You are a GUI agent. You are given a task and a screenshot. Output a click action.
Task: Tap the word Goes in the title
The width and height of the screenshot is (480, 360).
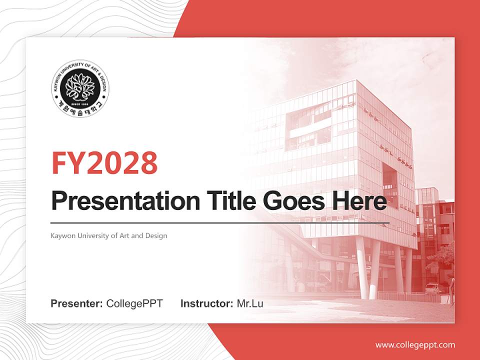[288, 201]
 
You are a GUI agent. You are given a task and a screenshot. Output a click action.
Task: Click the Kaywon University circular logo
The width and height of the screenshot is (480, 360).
[80, 90]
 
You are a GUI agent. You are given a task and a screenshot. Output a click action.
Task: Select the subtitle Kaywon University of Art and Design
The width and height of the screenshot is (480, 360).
[108, 235]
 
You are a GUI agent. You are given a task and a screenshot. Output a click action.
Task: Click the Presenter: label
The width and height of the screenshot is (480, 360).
[77, 303]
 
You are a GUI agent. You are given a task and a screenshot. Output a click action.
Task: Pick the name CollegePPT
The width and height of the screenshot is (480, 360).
[134, 303]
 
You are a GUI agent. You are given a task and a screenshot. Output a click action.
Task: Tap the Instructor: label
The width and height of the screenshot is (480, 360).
[206, 303]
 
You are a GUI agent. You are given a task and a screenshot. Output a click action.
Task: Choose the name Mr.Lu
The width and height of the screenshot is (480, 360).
[250, 303]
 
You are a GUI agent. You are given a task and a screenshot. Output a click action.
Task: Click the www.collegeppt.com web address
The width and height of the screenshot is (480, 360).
[415, 344]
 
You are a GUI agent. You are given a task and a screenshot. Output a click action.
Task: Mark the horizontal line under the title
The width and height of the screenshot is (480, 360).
[220, 222]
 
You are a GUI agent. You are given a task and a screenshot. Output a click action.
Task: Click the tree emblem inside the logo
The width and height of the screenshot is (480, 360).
[80, 87]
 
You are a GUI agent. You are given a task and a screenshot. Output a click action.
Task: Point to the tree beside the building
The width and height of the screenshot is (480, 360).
[443, 260]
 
